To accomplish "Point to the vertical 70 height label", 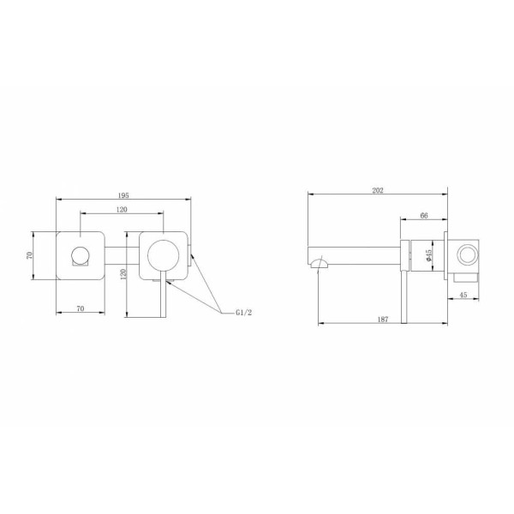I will (x=28, y=254).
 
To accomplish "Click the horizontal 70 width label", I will (x=80, y=308).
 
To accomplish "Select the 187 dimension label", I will (x=383, y=319).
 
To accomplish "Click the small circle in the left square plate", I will (x=80, y=254).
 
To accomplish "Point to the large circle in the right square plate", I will (x=164, y=255).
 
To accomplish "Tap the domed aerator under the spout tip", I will (x=320, y=267).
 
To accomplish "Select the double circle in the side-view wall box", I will (x=468, y=254).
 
